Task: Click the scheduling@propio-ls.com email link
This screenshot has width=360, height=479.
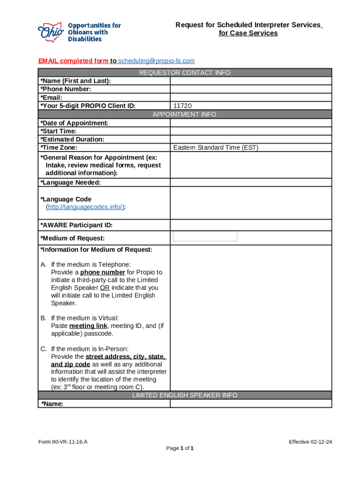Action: [x=156, y=61]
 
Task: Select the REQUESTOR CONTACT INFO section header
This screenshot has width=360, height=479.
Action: [x=185, y=73]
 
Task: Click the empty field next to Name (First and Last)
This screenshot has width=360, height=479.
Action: [x=251, y=81]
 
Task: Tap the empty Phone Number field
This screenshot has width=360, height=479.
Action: [x=251, y=89]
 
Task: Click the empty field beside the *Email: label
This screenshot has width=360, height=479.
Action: [x=251, y=98]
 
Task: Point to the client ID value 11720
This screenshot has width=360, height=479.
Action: [x=182, y=106]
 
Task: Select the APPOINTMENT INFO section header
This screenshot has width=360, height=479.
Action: [x=185, y=114]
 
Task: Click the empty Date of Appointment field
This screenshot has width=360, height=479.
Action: [x=251, y=123]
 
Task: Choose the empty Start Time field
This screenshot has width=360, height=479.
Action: [x=251, y=131]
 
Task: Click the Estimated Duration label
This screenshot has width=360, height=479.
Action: [x=72, y=139]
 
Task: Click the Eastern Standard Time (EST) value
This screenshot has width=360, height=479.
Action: [x=216, y=148]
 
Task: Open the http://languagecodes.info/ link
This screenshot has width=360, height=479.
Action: [x=85, y=207]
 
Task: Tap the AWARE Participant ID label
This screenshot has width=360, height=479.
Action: [x=77, y=225]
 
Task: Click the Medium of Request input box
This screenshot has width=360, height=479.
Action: [x=205, y=236]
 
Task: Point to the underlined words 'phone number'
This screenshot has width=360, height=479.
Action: [x=102, y=272]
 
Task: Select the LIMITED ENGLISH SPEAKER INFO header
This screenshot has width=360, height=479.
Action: [x=185, y=395]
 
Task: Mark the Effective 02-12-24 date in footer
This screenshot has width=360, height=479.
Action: [x=310, y=442]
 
